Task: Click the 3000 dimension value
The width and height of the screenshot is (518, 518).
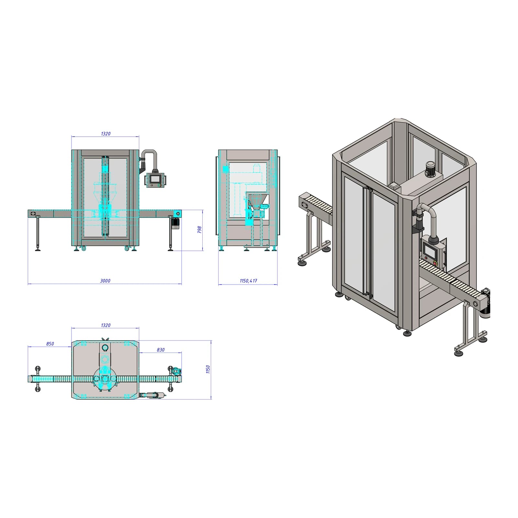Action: [x=105, y=281]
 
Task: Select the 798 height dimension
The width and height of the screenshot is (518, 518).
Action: [x=199, y=230]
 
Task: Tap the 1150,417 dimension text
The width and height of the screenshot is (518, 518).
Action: [x=248, y=281]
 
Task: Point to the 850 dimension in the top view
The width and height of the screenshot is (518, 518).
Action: [x=50, y=344]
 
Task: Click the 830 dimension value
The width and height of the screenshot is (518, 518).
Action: [x=161, y=350]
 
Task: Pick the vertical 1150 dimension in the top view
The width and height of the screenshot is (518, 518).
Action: [x=208, y=369]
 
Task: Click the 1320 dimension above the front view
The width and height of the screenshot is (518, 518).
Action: [x=106, y=133]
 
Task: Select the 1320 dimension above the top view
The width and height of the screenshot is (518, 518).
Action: [x=106, y=325]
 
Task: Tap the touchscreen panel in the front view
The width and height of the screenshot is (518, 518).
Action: [x=155, y=179]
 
